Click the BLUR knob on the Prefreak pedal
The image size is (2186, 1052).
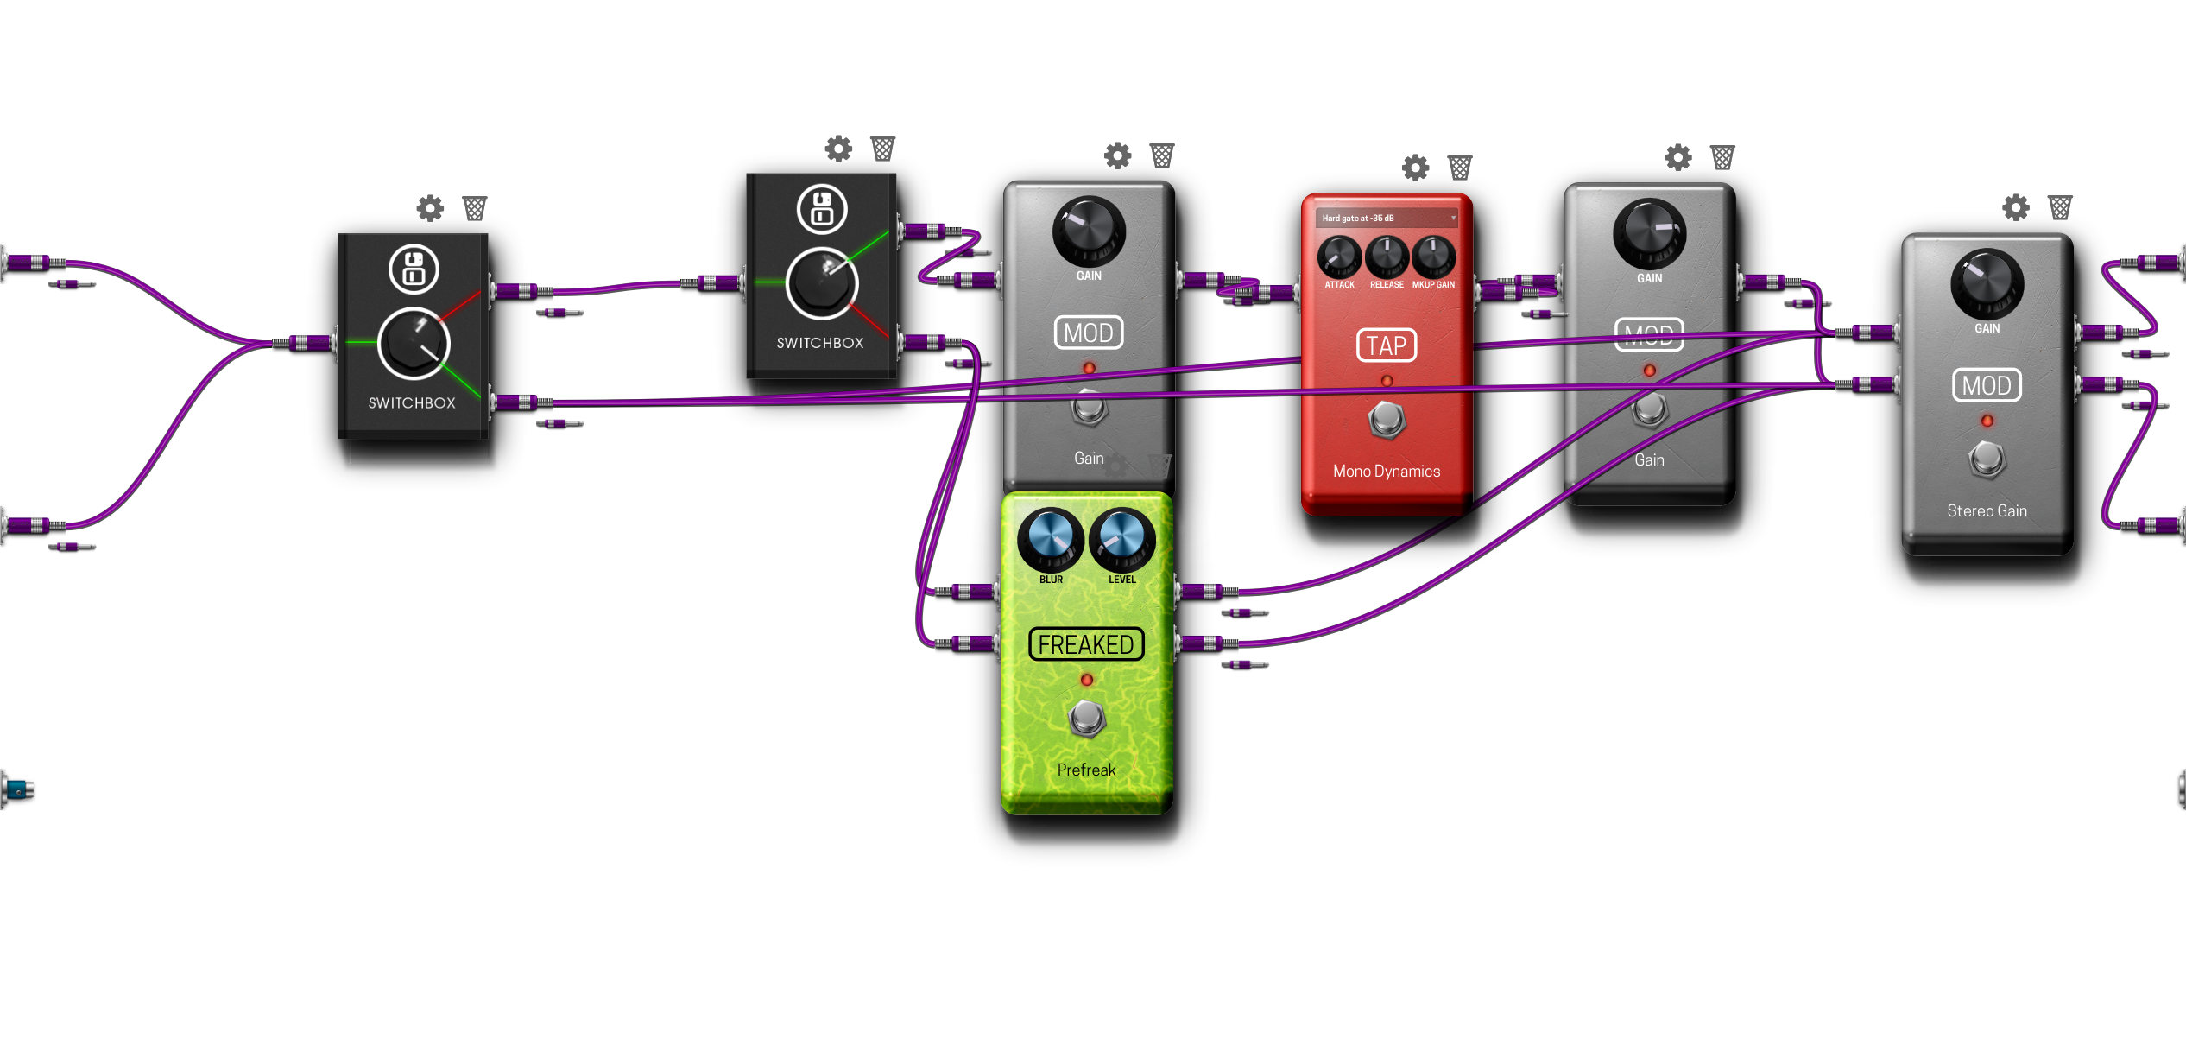1050,537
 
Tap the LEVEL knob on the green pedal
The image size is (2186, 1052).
1121,537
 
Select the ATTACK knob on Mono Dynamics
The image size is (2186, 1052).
1339,257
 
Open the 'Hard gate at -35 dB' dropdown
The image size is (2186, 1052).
1387,218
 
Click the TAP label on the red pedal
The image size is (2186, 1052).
1387,345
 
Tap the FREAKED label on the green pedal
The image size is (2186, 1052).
1086,644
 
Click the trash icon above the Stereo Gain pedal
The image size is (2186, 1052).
2060,207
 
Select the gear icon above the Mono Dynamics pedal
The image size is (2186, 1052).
1415,168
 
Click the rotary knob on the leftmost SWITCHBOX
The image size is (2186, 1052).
414,344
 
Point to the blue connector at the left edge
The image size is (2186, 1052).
18,789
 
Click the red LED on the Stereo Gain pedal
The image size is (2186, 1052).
1987,421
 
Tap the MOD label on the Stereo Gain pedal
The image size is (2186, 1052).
1987,385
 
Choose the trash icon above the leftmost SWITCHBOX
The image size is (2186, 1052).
474,208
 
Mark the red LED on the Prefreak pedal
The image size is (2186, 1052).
1087,681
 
